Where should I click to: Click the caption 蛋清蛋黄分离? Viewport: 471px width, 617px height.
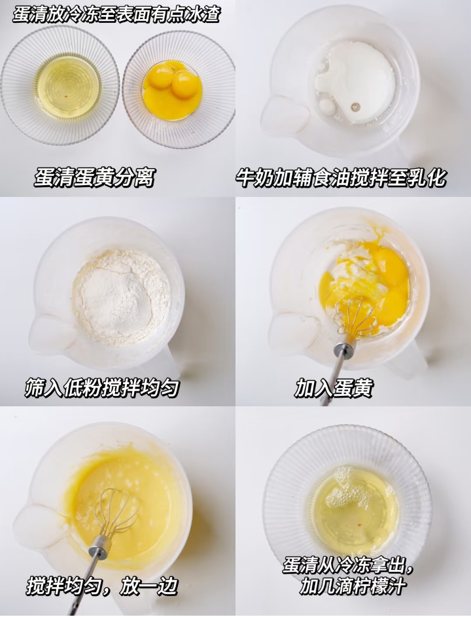point(94,177)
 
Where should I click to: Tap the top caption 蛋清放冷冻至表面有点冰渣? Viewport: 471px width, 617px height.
point(116,14)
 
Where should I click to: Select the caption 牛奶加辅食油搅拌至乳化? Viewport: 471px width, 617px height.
point(341,177)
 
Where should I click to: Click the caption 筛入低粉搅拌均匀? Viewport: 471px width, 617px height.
point(102,387)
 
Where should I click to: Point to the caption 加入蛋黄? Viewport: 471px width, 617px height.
point(334,388)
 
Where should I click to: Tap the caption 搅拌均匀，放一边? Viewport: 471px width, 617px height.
point(102,586)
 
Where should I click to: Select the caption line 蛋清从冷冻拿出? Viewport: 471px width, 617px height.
point(348,566)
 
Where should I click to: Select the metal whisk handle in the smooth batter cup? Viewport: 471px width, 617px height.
point(92,570)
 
